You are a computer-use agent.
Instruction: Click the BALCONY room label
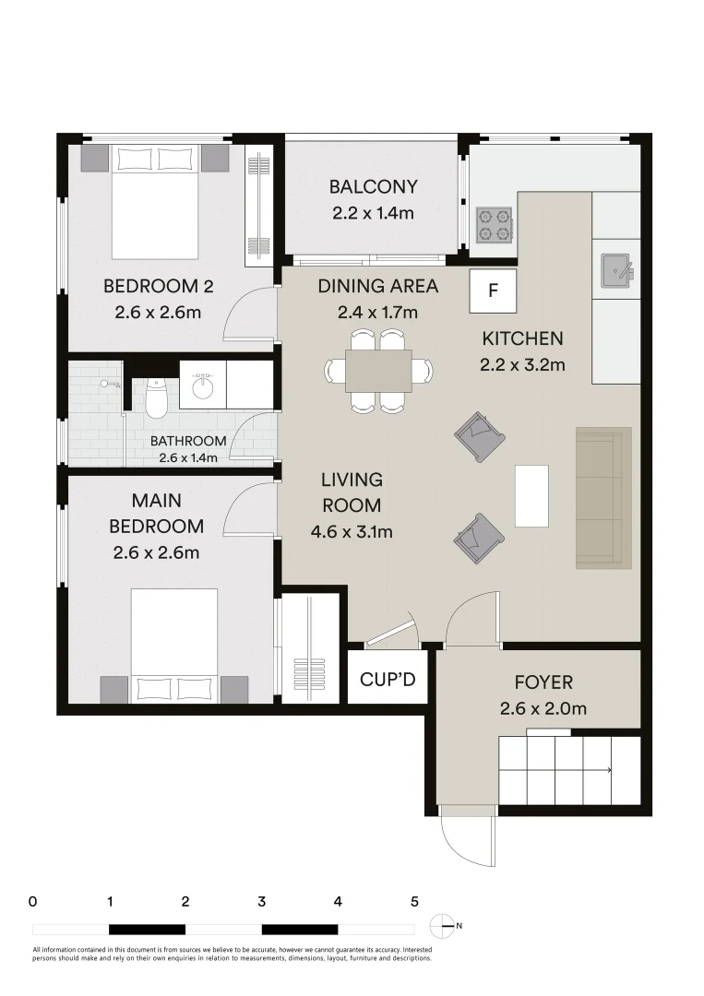pos(373,187)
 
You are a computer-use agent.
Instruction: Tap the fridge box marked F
pos(493,290)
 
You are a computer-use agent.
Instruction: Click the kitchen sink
pos(615,269)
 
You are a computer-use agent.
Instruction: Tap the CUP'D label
pos(388,681)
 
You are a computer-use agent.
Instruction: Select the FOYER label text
pos(543,682)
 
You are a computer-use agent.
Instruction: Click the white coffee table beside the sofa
pos(531,495)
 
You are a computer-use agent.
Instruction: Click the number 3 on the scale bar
pos(262,901)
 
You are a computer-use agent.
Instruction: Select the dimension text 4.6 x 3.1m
pos(352,531)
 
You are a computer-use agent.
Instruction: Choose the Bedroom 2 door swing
pos(252,314)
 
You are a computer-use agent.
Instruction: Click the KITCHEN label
pos(522,338)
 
